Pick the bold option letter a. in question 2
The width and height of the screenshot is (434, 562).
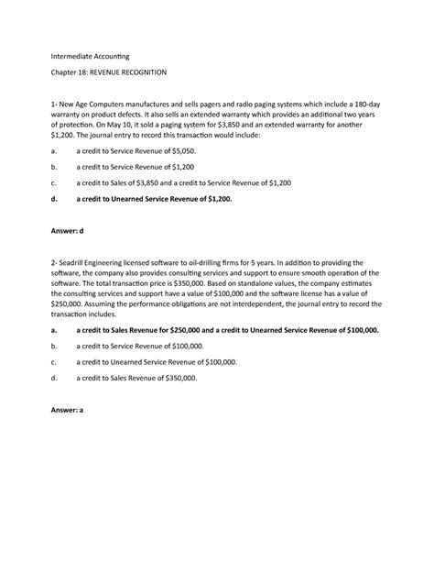click(58, 328)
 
